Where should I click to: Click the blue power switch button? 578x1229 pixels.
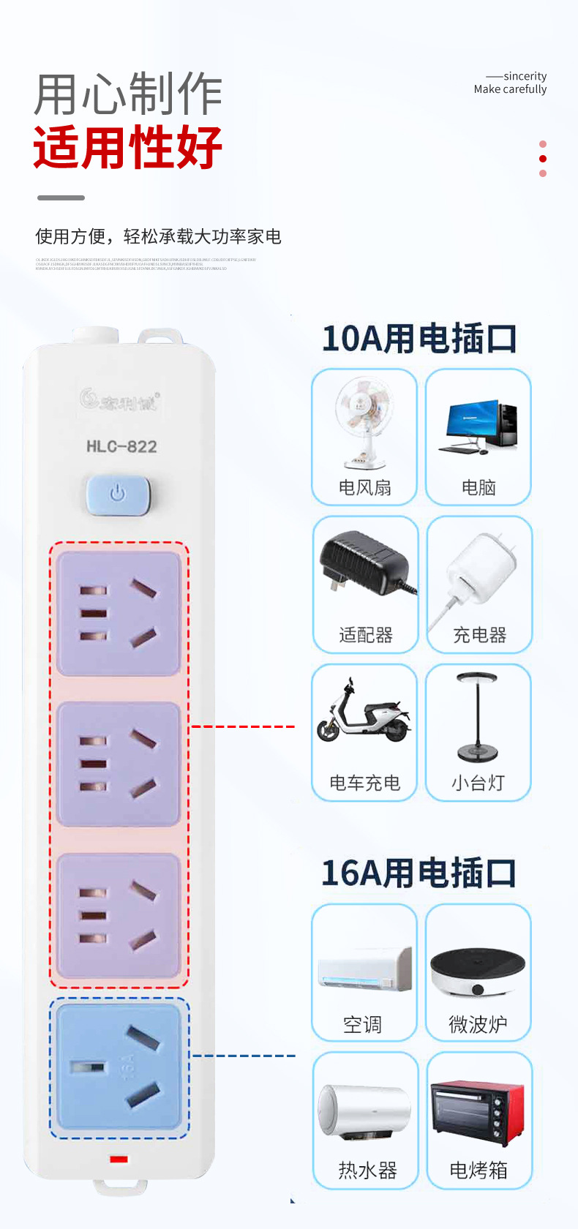[118, 495]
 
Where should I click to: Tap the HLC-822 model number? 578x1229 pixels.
[121, 446]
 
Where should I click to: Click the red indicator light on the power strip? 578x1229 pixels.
[119, 1159]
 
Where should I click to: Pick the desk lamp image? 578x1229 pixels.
[478, 717]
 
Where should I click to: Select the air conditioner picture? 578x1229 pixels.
[364, 969]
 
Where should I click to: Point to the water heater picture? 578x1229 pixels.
[364, 1112]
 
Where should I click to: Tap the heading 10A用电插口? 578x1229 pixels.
[419, 339]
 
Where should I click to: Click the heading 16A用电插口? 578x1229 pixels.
[419, 873]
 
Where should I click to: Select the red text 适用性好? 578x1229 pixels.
[128, 148]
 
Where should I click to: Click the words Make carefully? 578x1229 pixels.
[510, 89]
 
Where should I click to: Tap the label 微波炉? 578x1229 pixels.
[478, 1024]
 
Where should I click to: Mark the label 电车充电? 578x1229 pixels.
[364, 783]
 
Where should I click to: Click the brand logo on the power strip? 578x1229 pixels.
[119, 400]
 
